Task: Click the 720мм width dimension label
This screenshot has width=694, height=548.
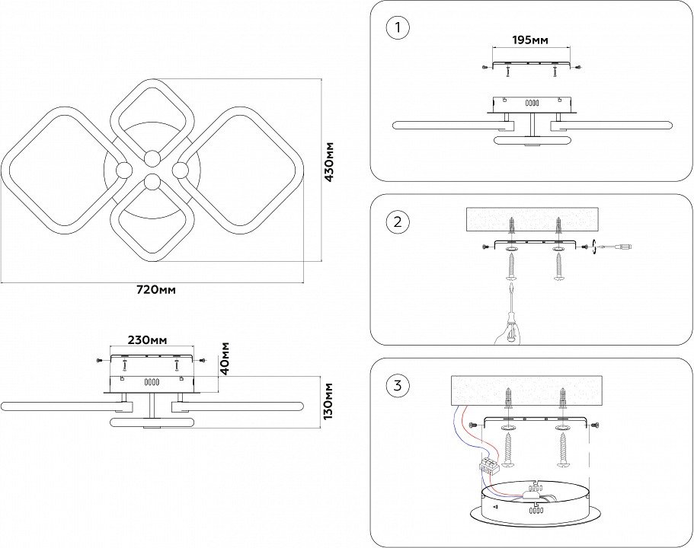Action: point(155,290)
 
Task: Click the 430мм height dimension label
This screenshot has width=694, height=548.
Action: point(330,161)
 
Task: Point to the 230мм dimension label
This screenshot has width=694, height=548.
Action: point(147,340)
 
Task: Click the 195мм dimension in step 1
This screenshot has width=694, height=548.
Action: point(529,40)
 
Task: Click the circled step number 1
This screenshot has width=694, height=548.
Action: point(397,29)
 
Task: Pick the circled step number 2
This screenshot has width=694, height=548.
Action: point(397,222)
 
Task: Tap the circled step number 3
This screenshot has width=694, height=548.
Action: point(397,386)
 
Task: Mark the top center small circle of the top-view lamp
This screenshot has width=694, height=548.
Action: point(152,158)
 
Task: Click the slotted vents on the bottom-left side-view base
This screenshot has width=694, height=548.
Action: point(152,382)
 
